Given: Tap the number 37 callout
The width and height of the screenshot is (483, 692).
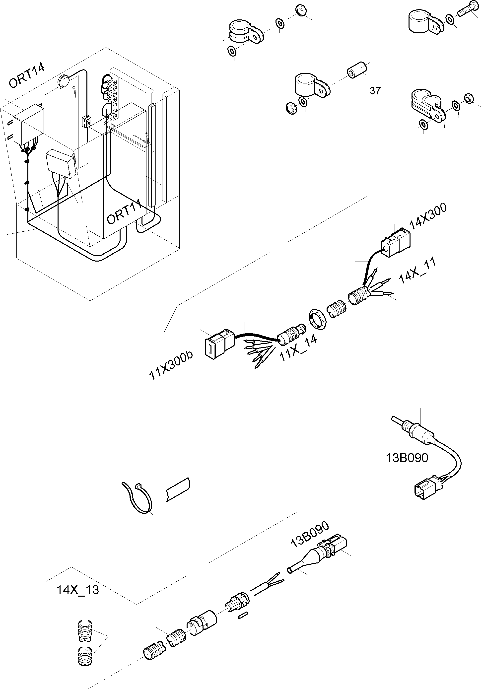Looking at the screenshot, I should pyautogui.click(x=375, y=91).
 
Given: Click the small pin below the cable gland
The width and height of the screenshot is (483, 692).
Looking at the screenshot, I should pyautogui.click(x=243, y=615).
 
